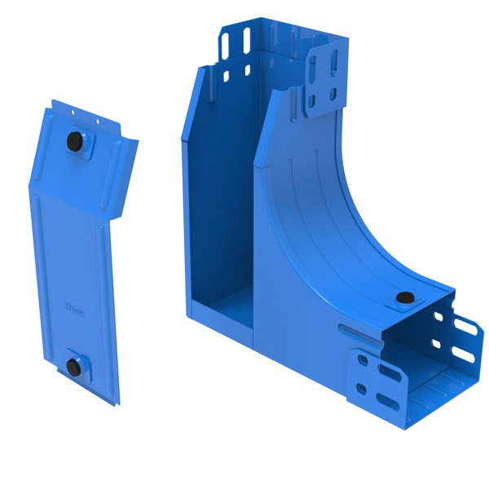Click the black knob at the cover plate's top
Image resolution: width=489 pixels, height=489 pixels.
click(x=75, y=141)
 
